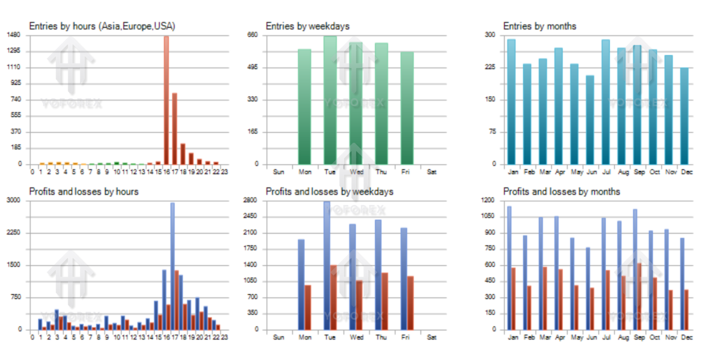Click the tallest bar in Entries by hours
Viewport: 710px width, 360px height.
166,100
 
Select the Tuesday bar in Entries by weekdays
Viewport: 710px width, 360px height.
330,100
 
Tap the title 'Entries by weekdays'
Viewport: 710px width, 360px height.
307,26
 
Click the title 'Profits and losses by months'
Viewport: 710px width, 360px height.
561,192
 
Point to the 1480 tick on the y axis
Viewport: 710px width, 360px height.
14,35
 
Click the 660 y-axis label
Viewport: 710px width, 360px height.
253,35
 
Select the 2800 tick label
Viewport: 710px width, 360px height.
250,200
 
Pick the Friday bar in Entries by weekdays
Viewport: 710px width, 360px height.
407,108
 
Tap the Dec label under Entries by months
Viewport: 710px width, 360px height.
687,172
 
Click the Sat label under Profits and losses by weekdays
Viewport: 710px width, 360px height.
431,337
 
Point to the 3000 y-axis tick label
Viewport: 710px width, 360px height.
13,200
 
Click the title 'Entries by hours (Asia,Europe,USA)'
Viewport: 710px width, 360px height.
102,26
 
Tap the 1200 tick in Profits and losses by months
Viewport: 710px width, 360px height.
488,200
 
